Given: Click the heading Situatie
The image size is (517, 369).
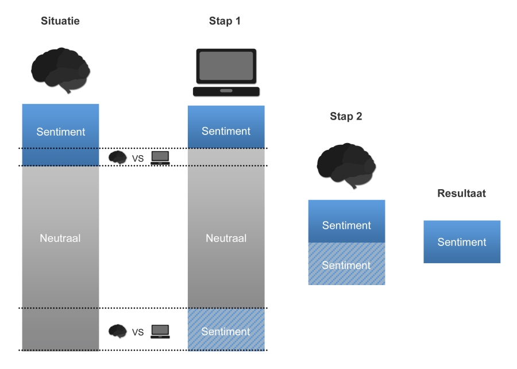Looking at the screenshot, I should coord(60,21).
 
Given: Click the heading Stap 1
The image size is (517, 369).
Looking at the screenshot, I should coord(225,21).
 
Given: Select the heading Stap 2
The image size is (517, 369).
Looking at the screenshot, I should coord(346,116).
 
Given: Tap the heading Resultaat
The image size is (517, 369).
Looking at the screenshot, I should coord(461,193).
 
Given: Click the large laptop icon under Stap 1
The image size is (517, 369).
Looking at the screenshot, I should coord(226,72).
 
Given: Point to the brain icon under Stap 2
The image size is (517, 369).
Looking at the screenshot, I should coord(346,164).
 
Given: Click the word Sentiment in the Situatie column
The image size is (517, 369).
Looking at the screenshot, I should coord(60,132).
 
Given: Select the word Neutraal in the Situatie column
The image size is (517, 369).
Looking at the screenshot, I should coord(60,238).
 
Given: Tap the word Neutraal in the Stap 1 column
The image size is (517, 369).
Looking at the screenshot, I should coord(226,238).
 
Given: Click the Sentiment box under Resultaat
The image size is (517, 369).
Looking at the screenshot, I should coord(462,242).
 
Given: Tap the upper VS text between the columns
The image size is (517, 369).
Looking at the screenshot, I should coord(138,158).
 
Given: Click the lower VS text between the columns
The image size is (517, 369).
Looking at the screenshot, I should coord(138,332).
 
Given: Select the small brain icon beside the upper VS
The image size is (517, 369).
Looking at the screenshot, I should coord(118,157).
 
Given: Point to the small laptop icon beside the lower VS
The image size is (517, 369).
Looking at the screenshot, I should coord(160,331).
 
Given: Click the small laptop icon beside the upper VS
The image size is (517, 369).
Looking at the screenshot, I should coord(160,157).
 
